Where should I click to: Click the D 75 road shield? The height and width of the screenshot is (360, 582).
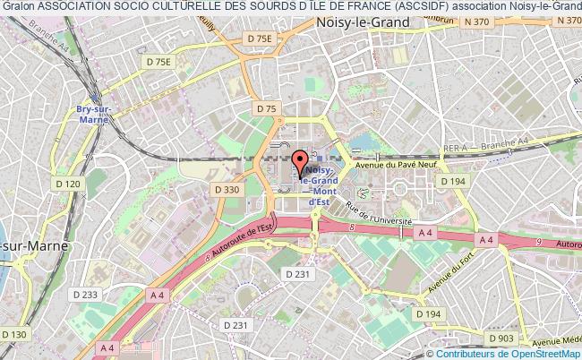tap(266, 108)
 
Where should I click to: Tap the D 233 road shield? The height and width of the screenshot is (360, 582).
tap(85, 295)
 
